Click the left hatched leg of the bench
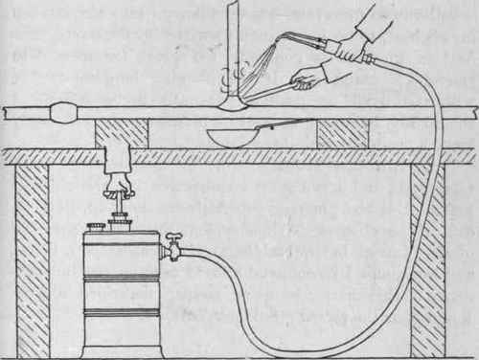point(32,259)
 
